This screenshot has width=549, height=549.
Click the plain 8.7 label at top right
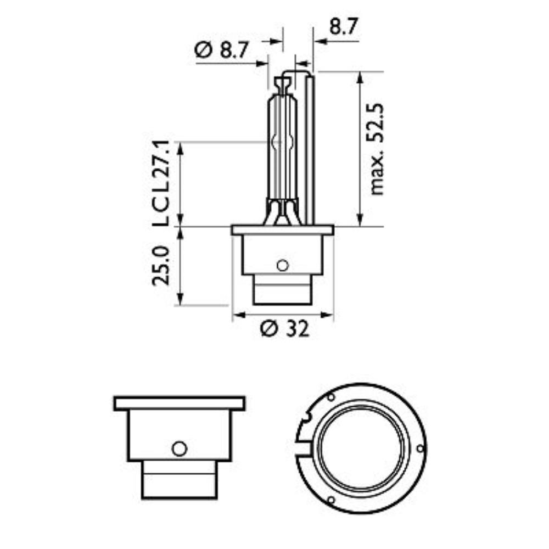point(344,26)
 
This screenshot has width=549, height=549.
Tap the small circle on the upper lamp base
point(283,265)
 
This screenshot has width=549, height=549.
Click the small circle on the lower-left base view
point(180,448)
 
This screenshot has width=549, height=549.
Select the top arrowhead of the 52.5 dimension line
point(360,76)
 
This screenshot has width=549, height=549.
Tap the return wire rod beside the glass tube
point(310,148)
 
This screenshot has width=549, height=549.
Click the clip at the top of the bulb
point(283,84)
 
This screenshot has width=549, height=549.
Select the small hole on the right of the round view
point(420,449)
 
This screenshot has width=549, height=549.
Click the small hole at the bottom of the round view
point(330,500)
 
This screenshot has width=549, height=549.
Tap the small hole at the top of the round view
point(330,397)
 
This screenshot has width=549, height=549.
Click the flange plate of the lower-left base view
point(180,404)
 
